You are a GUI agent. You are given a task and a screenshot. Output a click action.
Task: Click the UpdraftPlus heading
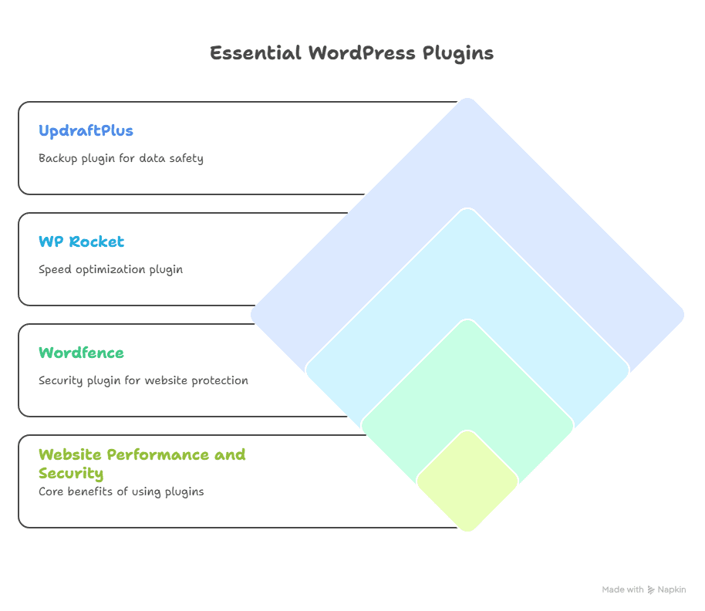click(86, 130)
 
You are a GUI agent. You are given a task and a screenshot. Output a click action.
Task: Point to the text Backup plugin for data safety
click(121, 159)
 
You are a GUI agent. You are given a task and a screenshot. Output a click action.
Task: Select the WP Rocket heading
click(81, 241)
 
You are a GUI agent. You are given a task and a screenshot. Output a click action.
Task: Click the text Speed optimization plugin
click(110, 270)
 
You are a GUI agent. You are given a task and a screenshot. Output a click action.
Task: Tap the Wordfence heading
click(81, 353)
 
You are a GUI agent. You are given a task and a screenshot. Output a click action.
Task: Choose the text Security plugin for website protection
click(143, 380)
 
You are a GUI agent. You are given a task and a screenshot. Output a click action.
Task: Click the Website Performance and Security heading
click(142, 463)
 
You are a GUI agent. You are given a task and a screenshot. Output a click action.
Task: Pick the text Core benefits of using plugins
click(121, 491)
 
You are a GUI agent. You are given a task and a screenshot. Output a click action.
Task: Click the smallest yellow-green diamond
click(467, 481)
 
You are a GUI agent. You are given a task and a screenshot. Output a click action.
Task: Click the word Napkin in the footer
click(672, 589)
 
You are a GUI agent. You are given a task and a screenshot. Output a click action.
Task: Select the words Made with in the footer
click(622, 589)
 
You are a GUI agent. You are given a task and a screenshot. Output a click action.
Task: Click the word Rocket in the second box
click(96, 241)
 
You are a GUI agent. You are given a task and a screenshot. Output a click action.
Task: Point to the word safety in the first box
click(187, 159)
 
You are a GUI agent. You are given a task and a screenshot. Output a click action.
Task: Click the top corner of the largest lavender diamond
click(467, 102)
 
